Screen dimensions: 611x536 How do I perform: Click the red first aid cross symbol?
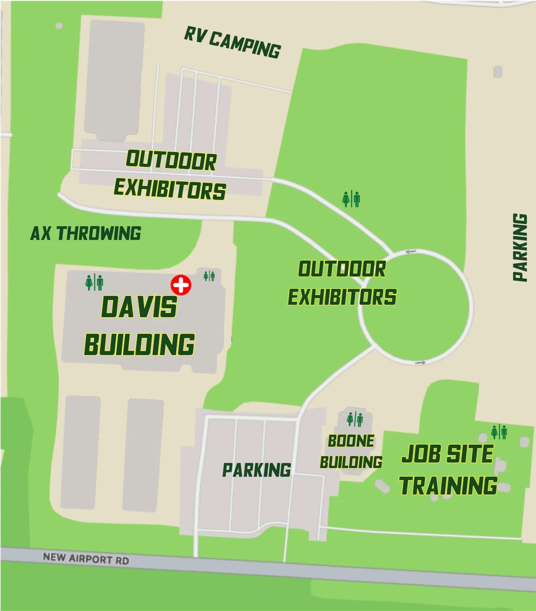click(x=181, y=286)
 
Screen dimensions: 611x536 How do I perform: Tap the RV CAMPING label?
click(x=232, y=44)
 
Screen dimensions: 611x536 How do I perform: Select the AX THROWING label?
click(x=86, y=234)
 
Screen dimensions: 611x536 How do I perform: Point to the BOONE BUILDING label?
click(x=351, y=451)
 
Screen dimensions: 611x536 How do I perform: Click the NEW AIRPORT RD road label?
click(x=86, y=559)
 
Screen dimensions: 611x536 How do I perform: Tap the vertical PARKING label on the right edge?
click(x=520, y=247)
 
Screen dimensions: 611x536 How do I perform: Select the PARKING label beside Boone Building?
click(x=256, y=470)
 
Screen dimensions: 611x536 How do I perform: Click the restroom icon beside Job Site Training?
click(x=499, y=432)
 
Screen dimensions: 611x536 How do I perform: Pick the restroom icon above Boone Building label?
click(x=354, y=419)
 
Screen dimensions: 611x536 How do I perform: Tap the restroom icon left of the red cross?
click(x=94, y=282)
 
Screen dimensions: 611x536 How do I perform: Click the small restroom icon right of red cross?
click(x=209, y=276)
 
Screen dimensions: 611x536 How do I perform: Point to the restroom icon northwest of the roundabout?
click(x=351, y=199)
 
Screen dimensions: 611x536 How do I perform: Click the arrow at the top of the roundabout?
click(x=411, y=252)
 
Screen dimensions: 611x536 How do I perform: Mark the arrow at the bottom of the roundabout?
click(x=421, y=362)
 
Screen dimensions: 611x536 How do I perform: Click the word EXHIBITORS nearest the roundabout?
click(x=342, y=297)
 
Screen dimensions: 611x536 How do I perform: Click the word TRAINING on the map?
click(x=448, y=485)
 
